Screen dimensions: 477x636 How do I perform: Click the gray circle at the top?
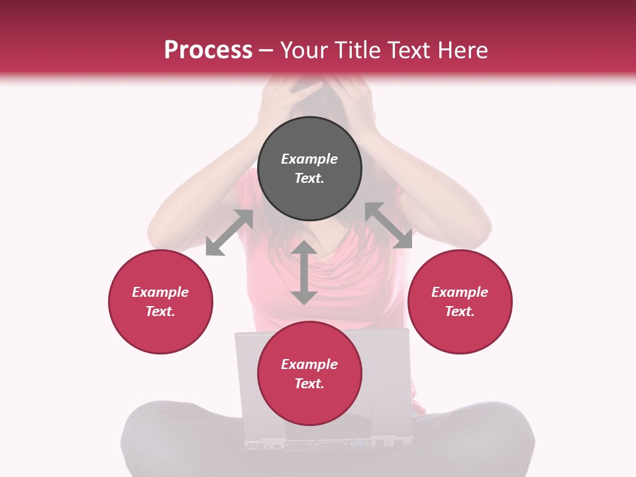pyautogui.click(x=309, y=169)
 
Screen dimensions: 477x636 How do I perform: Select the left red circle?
pyautogui.click(x=160, y=301)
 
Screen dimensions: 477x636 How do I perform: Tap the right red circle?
pyautogui.click(x=460, y=301)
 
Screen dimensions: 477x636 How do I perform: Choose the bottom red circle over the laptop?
pyautogui.click(x=309, y=374)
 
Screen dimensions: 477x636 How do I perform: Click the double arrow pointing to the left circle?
pyautogui.click(x=229, y=233)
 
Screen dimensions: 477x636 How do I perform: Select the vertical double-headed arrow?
pyautogui.click(x=304, y=272)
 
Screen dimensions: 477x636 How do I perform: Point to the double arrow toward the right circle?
pyautogui.click(x=388, y=225)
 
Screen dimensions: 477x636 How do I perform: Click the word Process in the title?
pyautogui.click(x=208, y=50)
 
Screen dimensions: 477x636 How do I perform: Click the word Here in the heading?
pyautogui.click(x=463, y=50)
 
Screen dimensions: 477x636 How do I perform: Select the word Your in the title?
pyautogui.click(x=305, y=50)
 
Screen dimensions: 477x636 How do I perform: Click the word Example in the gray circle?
pyautogui.click(x=309, y=159)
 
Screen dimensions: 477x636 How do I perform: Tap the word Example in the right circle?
pyautogui.click(x=460, y=292)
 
